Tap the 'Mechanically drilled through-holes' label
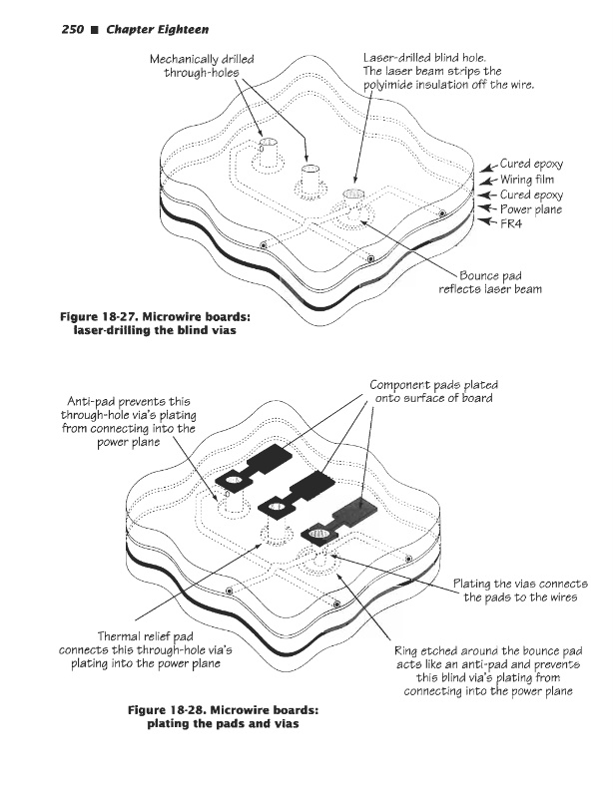pyautogui.click(x=201, y=67)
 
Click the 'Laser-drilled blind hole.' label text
pyautogui.click(x=423, y=58)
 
